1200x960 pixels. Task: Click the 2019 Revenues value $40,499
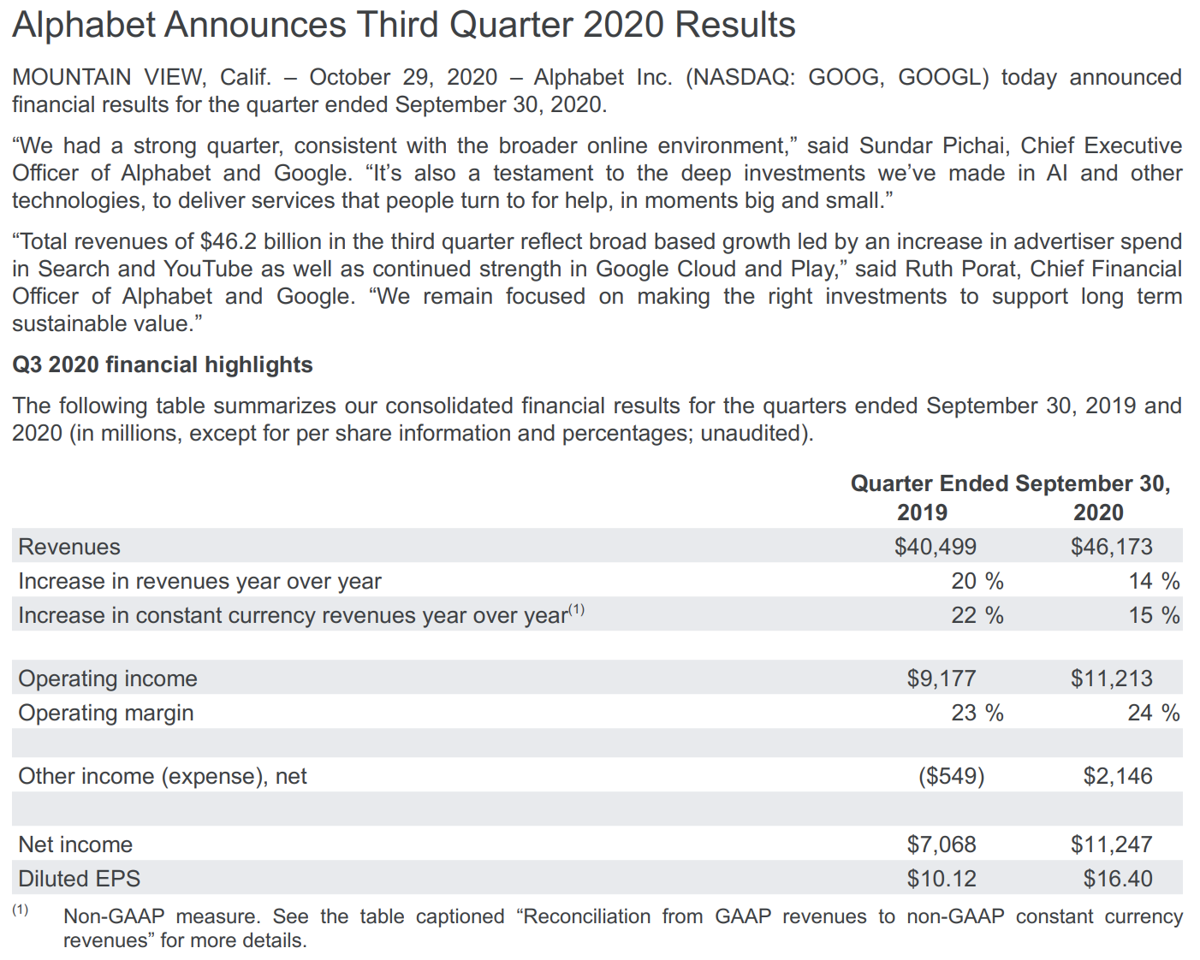[935, 547]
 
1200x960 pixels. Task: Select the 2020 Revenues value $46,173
[1111, 547]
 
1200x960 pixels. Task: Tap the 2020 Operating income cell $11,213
[1111, 679]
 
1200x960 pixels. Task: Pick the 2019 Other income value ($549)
[951, 776]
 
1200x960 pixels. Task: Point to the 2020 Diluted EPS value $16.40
[1117, 879]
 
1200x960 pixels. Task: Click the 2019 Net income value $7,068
[941, 844]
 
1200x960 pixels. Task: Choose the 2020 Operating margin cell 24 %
[1152, 713]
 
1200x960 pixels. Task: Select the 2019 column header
[922, 513]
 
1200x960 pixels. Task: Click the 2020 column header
[1098, 513]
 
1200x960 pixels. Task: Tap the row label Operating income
[108, 679]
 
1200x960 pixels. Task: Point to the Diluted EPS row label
[79, 879]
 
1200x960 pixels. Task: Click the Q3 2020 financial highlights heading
[163, 364]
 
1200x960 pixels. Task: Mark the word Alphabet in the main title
[84, 25]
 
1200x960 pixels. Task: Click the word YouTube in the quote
[208, 269]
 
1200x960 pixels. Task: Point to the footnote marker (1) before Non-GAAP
[21, 910]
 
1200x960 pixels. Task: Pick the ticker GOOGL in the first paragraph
[942, 77]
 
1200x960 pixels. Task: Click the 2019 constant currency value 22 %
[977, 615]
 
